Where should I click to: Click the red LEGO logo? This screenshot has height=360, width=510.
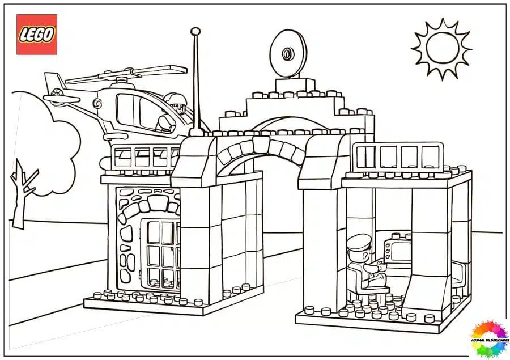(x=36, y=35)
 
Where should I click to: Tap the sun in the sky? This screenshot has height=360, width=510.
(x=441, y=48)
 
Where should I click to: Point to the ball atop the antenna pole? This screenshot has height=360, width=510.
(x=195, y=31)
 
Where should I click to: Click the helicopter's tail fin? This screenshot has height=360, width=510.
(x=54, y=83)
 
